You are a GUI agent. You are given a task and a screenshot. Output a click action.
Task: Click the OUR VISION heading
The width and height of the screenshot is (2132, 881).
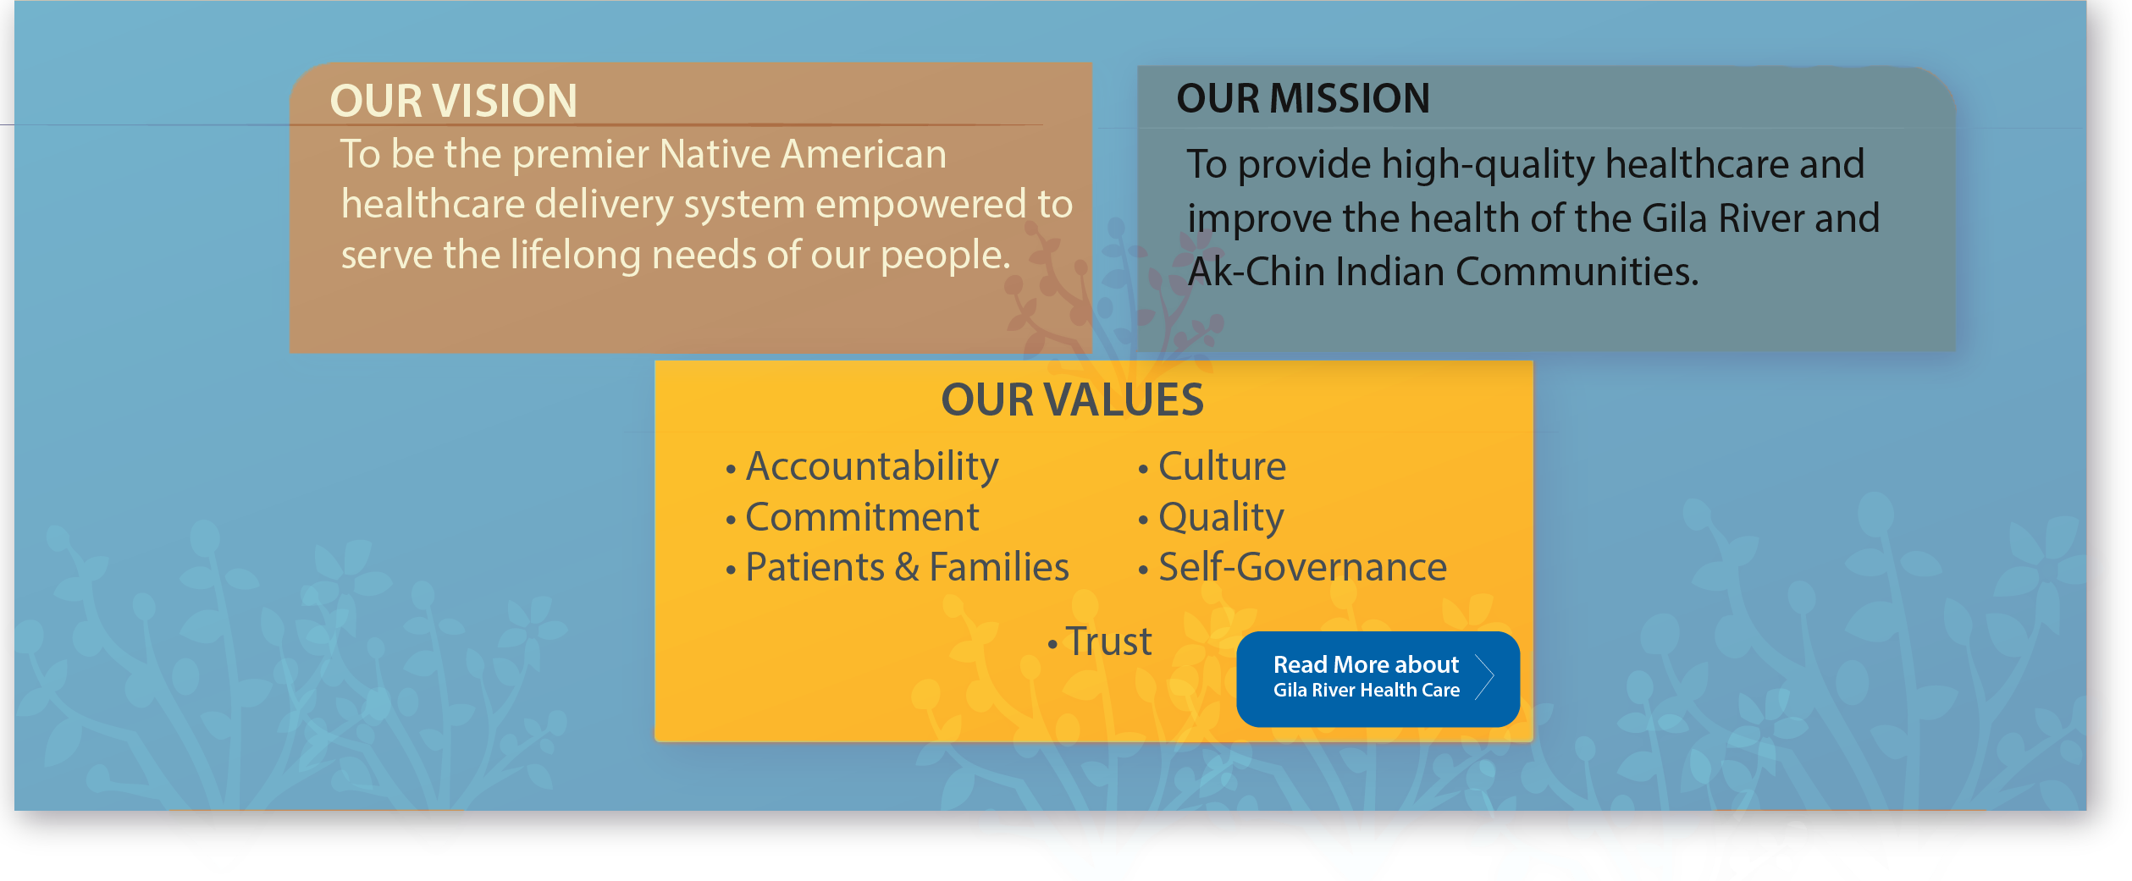click(454, 101)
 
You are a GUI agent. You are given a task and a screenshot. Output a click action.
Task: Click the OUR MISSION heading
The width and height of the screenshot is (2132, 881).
click(1303, 98)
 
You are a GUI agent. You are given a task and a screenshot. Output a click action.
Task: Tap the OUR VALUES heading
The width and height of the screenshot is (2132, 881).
click(1072, 399)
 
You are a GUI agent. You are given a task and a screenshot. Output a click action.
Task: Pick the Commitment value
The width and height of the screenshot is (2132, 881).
click(853, 517)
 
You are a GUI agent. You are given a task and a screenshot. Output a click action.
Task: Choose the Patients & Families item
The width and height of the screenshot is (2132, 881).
click(898, 567)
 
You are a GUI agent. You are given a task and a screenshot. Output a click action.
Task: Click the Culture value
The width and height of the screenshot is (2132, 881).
click(1212, 466)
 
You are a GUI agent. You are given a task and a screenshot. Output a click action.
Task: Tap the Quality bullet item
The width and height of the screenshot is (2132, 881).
click(1212, 518)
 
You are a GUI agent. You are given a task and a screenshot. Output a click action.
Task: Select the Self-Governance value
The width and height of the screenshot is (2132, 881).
click(1293, 567)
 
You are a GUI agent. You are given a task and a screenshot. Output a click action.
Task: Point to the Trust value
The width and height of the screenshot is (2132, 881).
click(1100, 641)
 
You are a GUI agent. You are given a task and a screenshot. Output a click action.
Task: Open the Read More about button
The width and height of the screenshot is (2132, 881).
click(1378, 679)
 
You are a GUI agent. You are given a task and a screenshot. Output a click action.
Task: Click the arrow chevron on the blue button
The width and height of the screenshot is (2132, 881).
click(1484, 677)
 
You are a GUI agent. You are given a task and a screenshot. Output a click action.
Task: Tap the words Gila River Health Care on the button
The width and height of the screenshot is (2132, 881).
click(1367, 691)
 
